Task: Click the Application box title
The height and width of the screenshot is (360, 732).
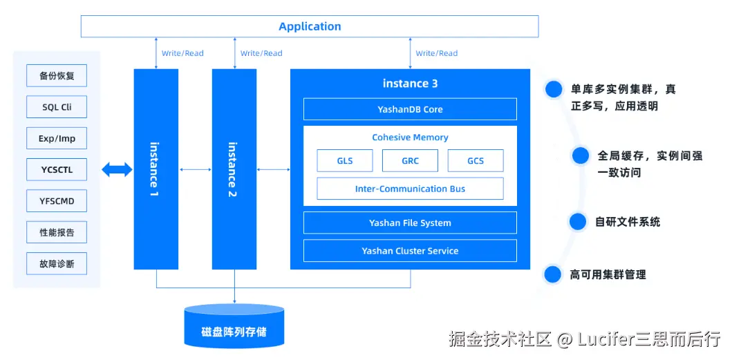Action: point(310,26)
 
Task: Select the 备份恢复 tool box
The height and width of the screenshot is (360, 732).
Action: point(57,75)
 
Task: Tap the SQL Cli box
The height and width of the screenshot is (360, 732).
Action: point(57,107)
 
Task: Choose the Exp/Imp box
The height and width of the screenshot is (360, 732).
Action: point(57,138)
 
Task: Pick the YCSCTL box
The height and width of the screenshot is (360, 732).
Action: point(57,170)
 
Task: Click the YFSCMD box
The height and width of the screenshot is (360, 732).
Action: point(57,201)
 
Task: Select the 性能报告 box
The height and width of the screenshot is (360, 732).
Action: point(57,232)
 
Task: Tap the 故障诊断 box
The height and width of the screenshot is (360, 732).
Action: point(57,263)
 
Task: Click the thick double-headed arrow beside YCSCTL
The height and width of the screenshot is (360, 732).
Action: point(118,169)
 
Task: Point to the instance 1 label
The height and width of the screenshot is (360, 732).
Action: point(155,169)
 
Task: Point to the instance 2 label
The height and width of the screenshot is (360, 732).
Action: point(233,169)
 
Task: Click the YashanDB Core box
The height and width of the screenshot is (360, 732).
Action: point(410,109)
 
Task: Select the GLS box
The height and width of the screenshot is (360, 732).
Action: point(344,160)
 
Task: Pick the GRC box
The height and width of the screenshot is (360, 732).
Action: point(410,160)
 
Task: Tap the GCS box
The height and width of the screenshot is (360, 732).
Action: point(476,160)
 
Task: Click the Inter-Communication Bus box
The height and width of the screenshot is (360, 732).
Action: point(410,189)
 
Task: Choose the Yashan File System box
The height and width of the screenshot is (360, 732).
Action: point(410,222)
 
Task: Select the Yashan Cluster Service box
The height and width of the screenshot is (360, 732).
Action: point(410,251)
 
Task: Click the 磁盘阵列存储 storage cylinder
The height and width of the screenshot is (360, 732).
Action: point(234,325)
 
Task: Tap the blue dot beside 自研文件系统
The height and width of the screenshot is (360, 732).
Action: point(577,222)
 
